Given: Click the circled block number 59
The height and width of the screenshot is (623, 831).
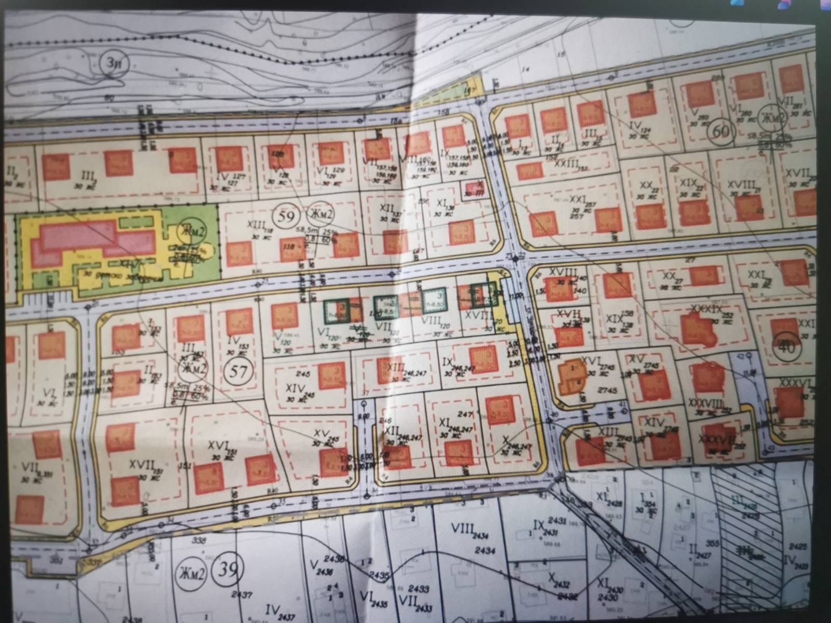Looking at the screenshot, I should (x=286, y=217).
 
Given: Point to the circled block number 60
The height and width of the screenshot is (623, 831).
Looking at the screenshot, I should (x=721, y=131).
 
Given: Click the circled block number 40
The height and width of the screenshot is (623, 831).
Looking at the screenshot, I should (x=787, y=347).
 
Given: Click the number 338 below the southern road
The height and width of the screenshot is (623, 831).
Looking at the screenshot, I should (x=184, y=541).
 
